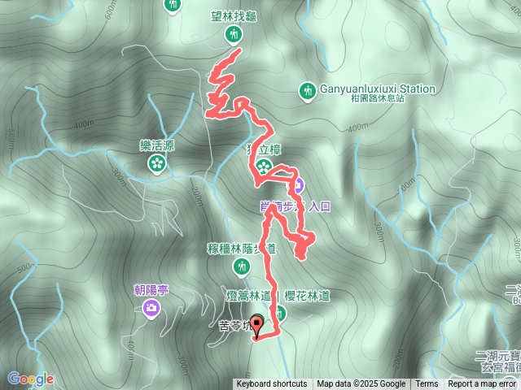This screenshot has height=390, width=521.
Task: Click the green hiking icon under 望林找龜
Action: [234, 34]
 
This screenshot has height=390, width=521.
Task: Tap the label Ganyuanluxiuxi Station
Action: [371, 89]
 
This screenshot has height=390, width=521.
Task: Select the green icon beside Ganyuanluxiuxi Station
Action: [308, 90]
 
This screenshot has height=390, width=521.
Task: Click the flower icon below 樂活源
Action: [156, 164]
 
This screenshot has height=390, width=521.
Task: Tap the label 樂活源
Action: [156, 145]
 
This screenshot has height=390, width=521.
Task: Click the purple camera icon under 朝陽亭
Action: [151, 307]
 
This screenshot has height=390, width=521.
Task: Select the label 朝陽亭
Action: [151, 289]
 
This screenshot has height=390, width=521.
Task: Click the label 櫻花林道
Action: [307, 296]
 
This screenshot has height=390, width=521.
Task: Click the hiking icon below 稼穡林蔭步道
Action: [241, 266]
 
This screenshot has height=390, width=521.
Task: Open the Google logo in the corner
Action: [31, 379]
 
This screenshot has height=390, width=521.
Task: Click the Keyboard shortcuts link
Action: [271, 384]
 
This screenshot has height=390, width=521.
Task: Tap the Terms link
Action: [427, 384]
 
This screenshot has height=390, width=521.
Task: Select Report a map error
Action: [482, 384]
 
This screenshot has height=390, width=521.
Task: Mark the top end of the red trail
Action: [240, 51]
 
